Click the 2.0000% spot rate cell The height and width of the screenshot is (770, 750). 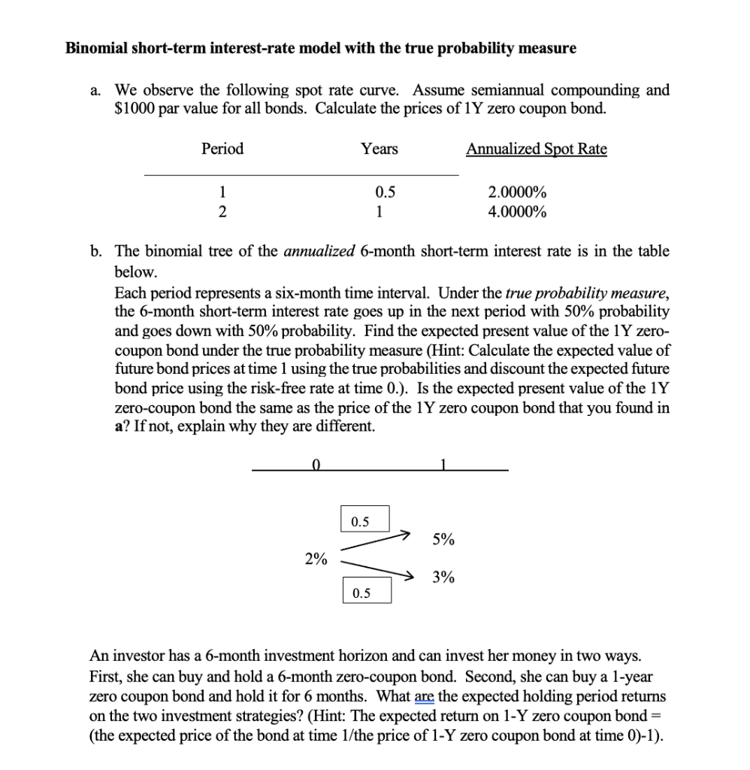[517, 192]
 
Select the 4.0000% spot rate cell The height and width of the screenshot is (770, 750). [517, 211]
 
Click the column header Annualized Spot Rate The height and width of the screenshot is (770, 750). [536, 149]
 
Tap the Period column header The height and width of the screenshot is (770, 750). [222, 149]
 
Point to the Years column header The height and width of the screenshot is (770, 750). [380, 149]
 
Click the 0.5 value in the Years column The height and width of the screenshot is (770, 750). [380, 192]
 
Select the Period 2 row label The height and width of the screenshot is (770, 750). [222, 211]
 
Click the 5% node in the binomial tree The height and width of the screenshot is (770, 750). [443, 539]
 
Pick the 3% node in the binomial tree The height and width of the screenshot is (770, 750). [443, 577]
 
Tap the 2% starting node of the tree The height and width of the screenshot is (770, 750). [316, 559]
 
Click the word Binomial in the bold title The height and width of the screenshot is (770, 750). [95, 49]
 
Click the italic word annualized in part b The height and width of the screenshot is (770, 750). [322, 251]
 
